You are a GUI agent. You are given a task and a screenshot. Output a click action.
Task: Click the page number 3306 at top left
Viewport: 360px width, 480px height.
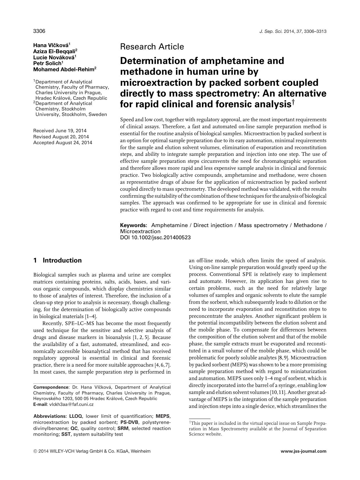pyautogui.click(x=39, y=31)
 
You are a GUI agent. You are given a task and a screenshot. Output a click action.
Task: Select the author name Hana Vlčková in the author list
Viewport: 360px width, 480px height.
pyautogui.click(x=51, y=45)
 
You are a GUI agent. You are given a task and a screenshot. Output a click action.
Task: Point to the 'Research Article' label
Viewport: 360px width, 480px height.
pyautogui.click(x=152, y=47)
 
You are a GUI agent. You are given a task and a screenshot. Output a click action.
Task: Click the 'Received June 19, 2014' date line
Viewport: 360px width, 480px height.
pyautogui.click(x=60, y=131)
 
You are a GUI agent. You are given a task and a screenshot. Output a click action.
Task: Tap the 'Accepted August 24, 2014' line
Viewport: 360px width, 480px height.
pyautogui.click(x=63, y=143)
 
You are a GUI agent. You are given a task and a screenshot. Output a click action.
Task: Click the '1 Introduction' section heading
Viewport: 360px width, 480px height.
pyautogui.click(x=58, y=260)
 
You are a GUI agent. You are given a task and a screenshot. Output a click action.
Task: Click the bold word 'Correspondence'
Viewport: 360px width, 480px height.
pyautogui.click(x=51, y=387)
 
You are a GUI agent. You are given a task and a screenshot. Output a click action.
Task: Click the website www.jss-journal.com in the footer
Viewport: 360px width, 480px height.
pyautogui.click(x=303, y=451)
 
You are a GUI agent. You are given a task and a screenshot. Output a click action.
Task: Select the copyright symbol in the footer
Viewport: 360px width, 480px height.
pyautogui.click(x=35, y=452)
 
